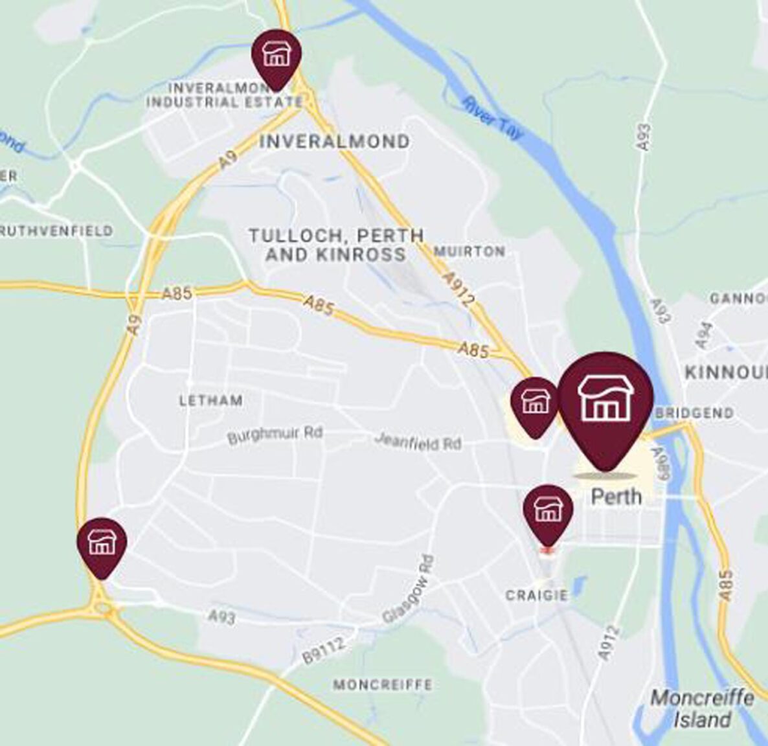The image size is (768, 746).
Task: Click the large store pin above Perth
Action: click(605, 405)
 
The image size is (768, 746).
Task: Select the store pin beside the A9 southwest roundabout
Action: click(102, 543)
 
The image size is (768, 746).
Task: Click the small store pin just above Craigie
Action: click(548, 510)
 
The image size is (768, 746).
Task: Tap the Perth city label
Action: click(616, 497)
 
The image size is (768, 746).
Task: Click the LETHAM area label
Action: click(211, 401)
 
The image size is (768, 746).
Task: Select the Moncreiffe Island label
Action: click(702, 708)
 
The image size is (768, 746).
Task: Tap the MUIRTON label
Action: click(470, 251)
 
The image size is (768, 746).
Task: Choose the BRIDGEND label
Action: click(695, 413)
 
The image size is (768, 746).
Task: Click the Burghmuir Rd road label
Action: click(275, 435)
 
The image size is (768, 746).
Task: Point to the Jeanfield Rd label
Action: click(418, 442)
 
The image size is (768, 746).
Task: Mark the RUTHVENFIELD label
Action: click(57, 231)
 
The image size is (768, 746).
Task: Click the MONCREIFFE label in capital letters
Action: click(383, 684)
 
